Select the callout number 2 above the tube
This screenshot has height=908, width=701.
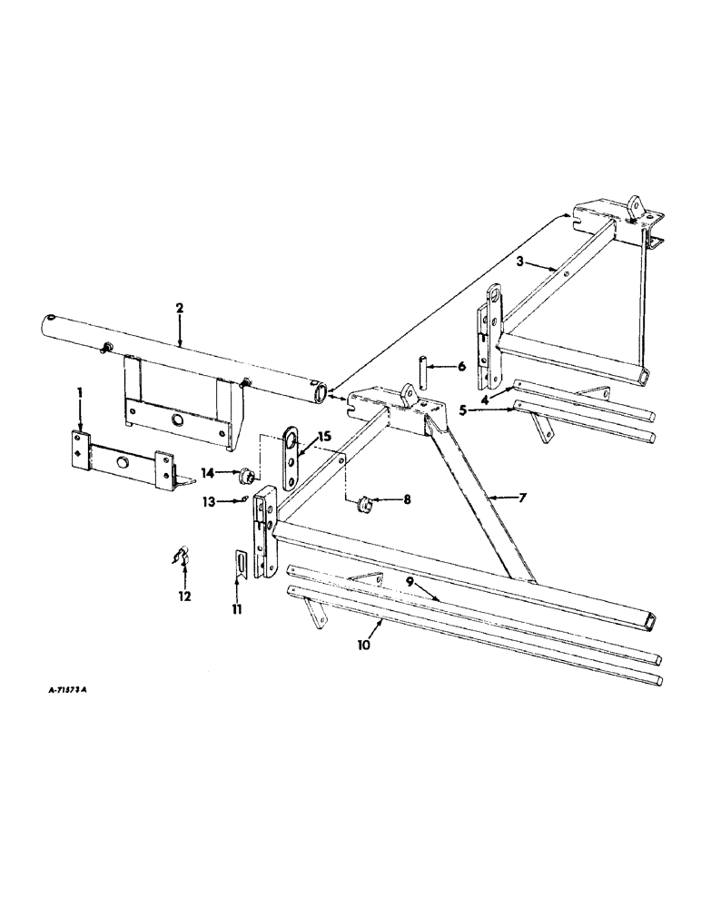pyautogui.click(x=180, y=310)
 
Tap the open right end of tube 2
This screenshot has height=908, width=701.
pyautogui.click(x=318, y=394)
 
